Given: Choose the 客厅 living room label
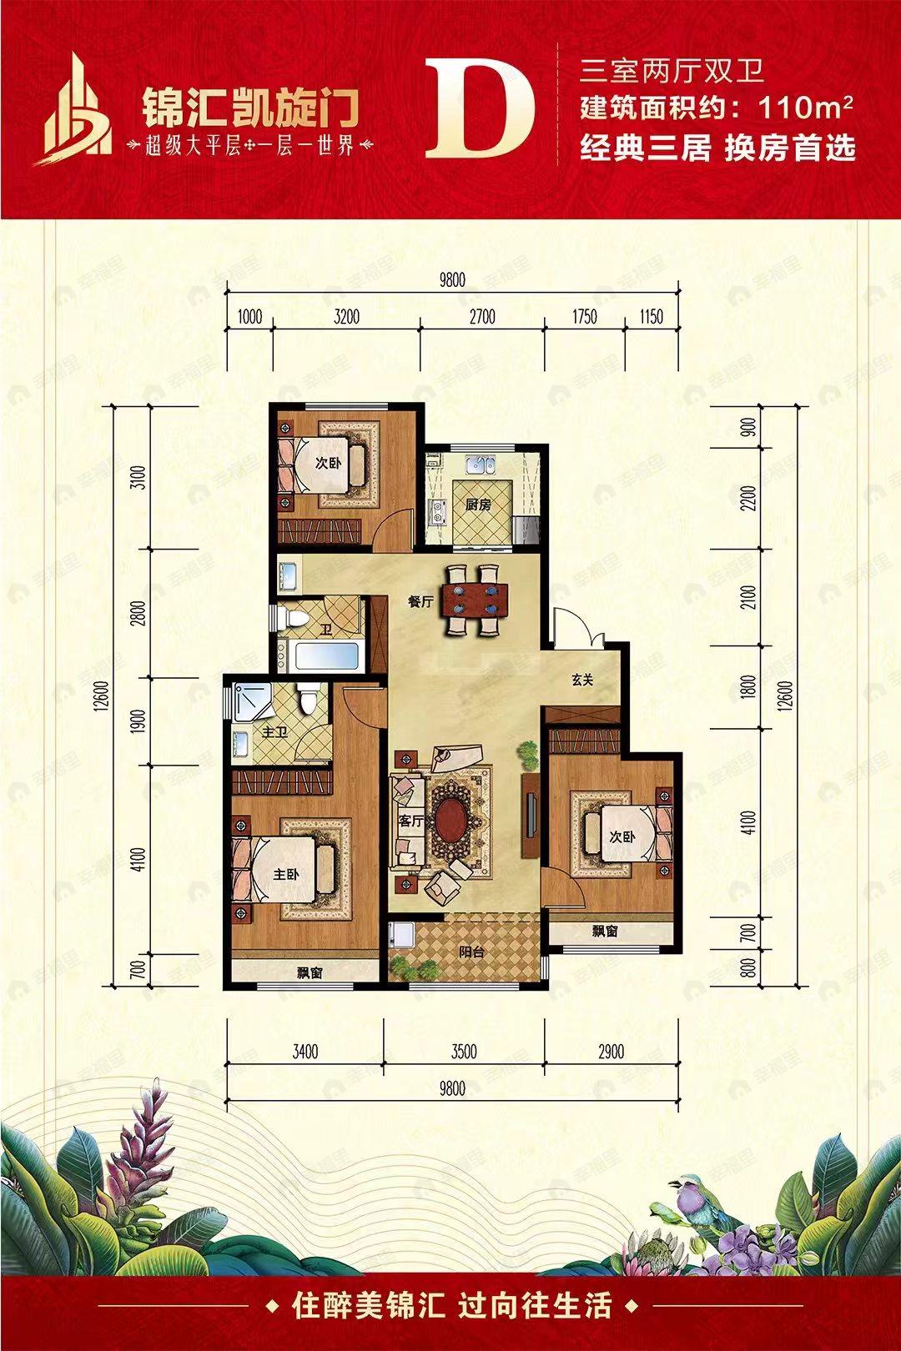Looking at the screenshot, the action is pos(412,821).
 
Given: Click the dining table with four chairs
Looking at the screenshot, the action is pos(474,600).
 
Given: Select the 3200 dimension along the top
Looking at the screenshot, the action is pos(345,315).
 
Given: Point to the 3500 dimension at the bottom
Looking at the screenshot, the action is pos(463,1052).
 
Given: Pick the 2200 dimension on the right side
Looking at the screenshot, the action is pos(749,498).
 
